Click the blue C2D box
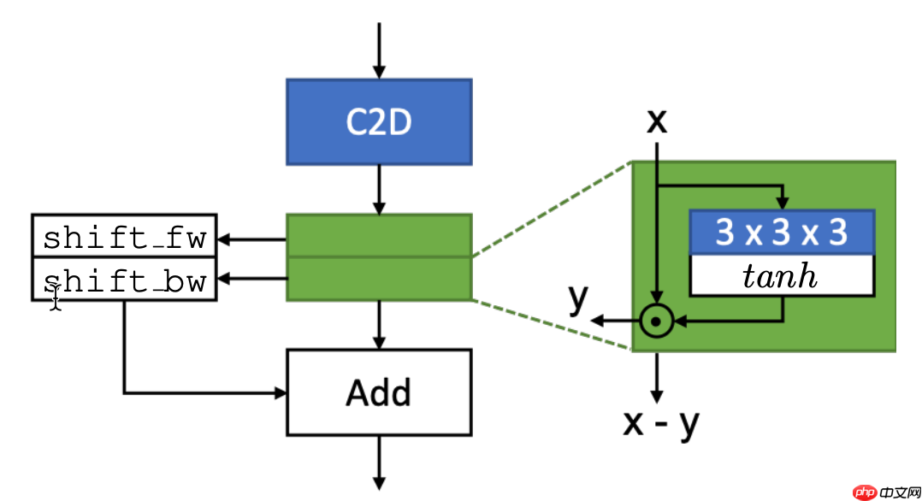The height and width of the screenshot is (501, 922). point(378,122)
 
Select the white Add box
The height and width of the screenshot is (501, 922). point(378,392)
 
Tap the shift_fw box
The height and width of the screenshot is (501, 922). point(124,236)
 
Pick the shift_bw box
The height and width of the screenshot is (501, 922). point(124,280)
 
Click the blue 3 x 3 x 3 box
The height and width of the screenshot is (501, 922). point(781,233)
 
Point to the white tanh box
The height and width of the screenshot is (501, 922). point(781,275)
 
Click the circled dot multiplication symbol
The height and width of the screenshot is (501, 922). point(655,321)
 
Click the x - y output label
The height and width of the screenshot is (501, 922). point(661,422)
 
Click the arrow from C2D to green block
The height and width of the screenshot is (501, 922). point(378,189)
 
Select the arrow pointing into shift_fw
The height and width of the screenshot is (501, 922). point(251,239)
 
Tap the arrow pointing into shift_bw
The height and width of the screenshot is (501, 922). point(251,278)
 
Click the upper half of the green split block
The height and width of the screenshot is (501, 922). point(378,236)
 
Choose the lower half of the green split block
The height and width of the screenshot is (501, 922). point(378,279)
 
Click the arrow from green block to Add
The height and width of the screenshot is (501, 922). point(378,325)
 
